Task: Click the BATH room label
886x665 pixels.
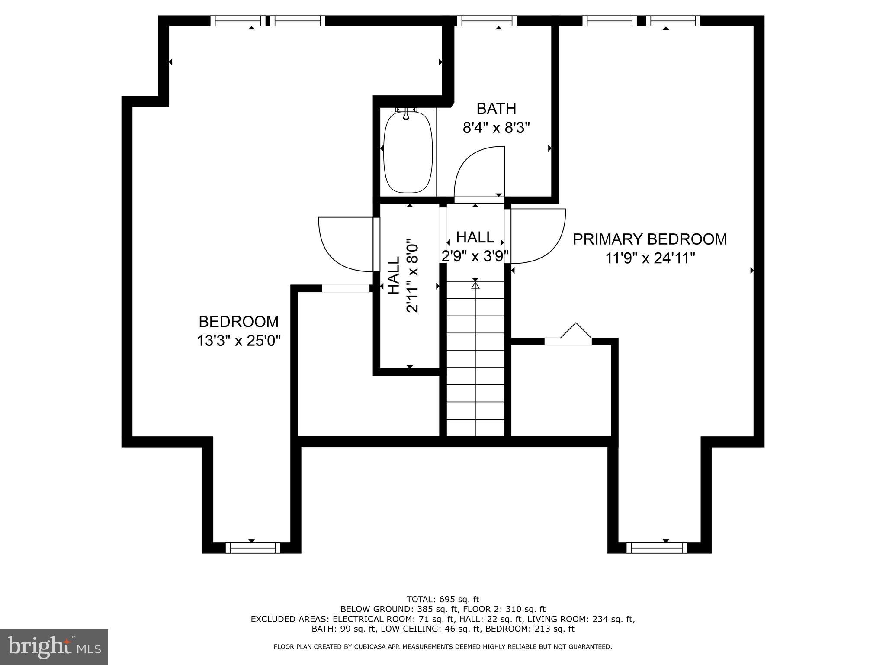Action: click(x=496, y=109)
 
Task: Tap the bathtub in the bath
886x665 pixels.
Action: click(x=408, y=152)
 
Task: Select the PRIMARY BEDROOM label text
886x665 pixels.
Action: click(x=650, y=239)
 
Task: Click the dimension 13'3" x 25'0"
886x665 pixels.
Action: click(x=239, y=341)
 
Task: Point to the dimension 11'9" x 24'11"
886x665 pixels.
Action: click(x=650, y=259)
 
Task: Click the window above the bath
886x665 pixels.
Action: click(x=487, y=21)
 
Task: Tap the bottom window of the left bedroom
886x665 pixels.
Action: click(x=253, y=548)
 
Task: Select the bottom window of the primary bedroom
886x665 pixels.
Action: click(x=656, y=548)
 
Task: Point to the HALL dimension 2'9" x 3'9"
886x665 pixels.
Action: click(x=475, y=256)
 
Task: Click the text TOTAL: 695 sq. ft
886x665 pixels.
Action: click(x=443, y=600)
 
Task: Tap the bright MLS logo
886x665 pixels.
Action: click(x=54, y=647)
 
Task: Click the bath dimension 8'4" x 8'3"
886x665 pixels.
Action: click(x=496, y=128)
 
